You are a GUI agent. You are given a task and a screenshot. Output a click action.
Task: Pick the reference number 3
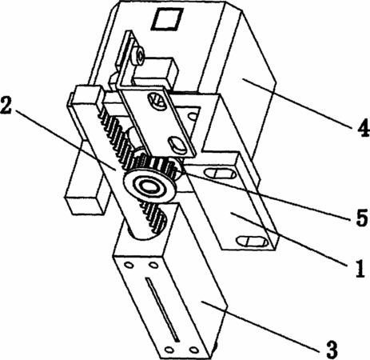[332, 349]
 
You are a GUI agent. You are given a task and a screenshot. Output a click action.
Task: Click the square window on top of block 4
[167, 18]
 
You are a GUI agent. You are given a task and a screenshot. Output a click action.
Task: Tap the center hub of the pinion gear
[149, 186]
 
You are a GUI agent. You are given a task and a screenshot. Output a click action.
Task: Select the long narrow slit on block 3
[162, 310]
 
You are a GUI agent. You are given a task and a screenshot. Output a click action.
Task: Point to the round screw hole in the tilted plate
[157, 102]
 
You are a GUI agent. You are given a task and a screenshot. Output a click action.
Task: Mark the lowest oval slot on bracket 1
[253, 242]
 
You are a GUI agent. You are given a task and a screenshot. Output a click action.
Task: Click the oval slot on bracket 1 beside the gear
[220, 174]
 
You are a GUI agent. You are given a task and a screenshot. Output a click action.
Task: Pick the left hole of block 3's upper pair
[129, 266]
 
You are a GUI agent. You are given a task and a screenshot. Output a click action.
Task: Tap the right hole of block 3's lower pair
[193, 349]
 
